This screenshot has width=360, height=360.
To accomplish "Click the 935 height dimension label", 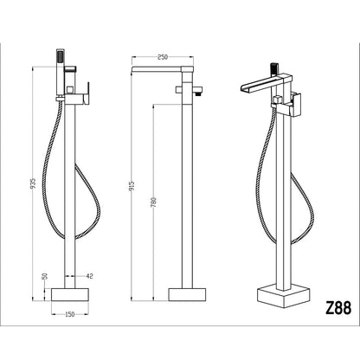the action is click(x=34, y=183).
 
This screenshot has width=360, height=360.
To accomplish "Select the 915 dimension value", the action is click(x=132, y=187).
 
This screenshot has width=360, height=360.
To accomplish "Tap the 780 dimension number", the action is click(x=154, y=202).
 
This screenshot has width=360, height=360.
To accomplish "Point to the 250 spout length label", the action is click(x=163, y=57).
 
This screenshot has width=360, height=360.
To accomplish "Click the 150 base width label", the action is click(x=69, y=314).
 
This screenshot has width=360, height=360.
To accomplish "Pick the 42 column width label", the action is click(x=90, y=276).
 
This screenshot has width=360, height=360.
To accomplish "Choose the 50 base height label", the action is click(x=45, y=276).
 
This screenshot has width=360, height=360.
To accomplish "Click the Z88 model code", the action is click(x=338, y=308).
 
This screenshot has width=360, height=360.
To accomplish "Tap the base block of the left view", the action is click(x=70, y=294).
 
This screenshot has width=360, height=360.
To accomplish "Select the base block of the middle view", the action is click(x=187, y=294).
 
